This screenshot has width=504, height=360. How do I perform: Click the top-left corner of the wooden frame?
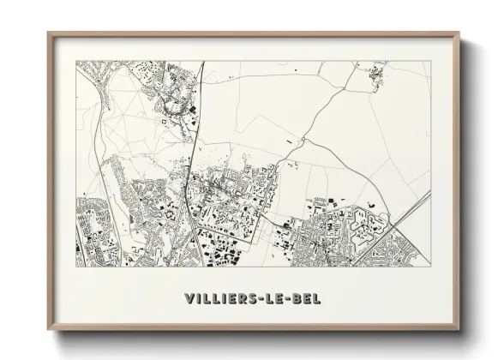click(x=48, y=33)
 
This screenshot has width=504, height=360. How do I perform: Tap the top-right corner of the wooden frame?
click(x=459, y=33)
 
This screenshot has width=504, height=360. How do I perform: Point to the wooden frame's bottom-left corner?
click(x=48, y=331)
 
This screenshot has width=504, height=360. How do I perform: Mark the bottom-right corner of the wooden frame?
click(x=459, y=331)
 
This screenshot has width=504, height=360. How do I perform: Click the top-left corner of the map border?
click(x=76, y=62)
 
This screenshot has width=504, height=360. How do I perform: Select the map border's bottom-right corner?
click(x=430, y=268)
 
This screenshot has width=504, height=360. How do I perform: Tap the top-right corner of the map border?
click(x=430, y=62)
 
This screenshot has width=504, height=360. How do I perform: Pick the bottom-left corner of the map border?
click(x=76, y=268)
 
